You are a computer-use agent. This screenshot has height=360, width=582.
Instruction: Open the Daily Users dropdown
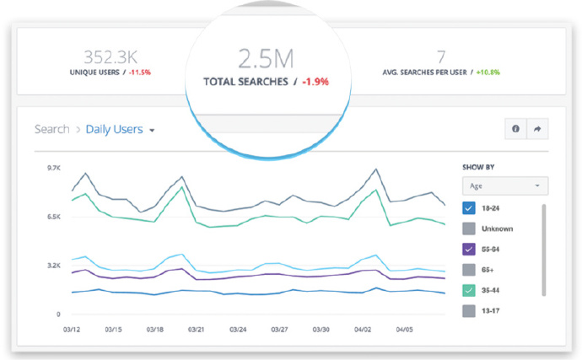coord(121,130)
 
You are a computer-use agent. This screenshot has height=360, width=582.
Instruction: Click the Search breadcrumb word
coord(51,130)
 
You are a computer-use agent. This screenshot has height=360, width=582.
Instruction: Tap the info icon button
coord(515,129)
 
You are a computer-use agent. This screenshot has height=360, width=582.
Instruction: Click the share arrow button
coord(536,129)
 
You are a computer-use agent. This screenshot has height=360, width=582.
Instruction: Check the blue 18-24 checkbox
coord(470,208)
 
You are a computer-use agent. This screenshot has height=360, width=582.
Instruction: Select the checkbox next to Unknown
coord(470,228)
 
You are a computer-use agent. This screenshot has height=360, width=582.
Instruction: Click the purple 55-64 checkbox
coord(470,249)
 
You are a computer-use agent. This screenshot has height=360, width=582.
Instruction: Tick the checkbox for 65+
coord(470,270)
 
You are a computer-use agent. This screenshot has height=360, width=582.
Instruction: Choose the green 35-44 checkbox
coord(470,290)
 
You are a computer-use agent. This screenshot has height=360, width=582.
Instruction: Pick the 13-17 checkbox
coord(470,311)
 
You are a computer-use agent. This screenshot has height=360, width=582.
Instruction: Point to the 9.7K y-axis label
coord(53,169)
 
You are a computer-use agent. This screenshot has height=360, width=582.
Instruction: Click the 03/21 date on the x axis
coord(196,330)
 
